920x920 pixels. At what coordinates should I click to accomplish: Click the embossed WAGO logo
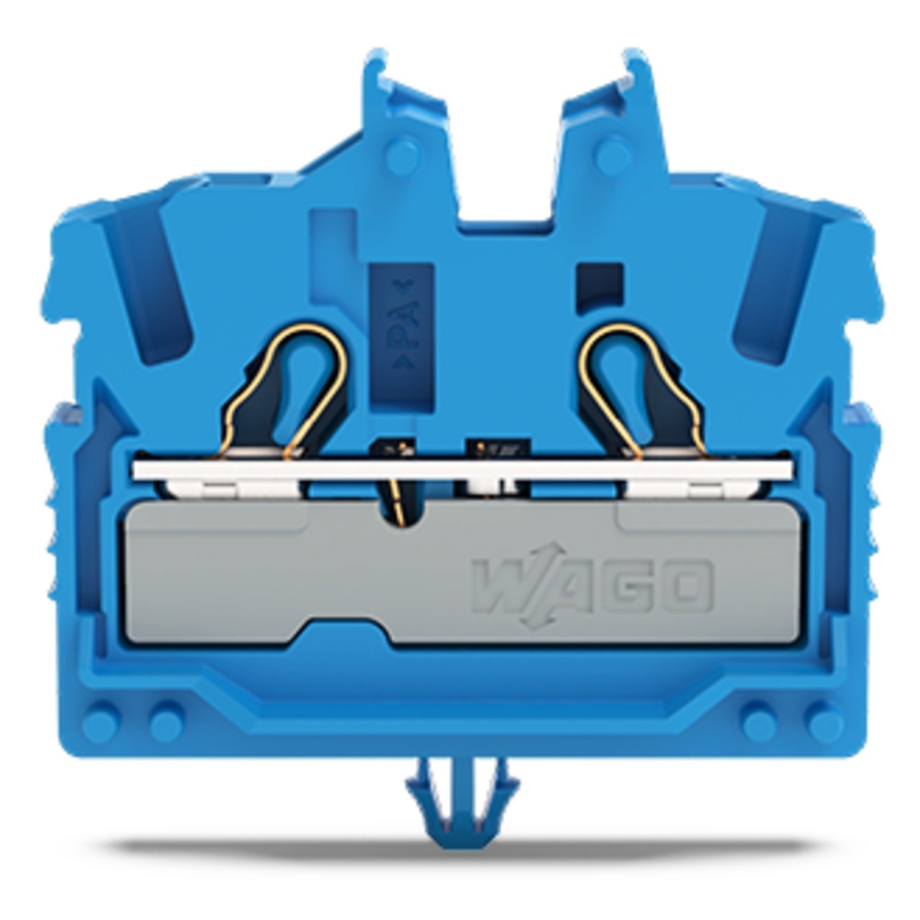pyautogui.click(x=592, y=585)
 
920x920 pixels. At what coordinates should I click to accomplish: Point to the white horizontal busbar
pyautogui.click(x=463, y=470)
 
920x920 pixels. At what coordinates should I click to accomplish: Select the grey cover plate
pyautogui.click(x=463, y=572)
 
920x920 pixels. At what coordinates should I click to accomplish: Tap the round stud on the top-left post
pyautogui.click(x=403, y=156)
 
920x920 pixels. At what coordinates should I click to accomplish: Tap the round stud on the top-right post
pyautogui.click(x=613, y=156)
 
